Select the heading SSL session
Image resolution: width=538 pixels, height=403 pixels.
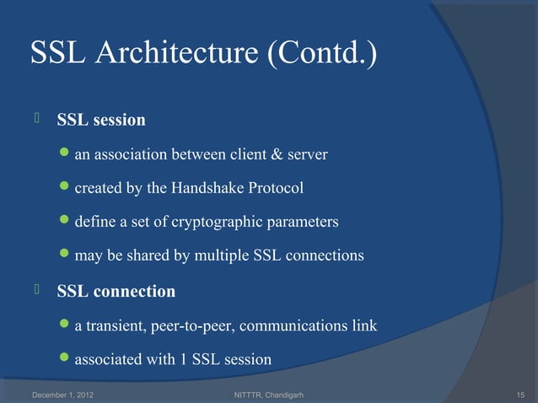[x=100, y=121]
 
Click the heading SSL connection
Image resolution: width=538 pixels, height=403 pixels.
[x=116, y=292]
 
